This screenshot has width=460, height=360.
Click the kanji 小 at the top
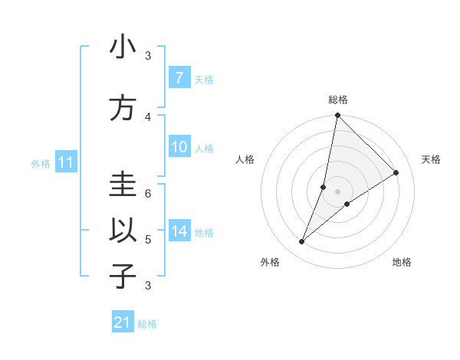(x=123, y=47)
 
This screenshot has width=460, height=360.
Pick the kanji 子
(x=123, y=276)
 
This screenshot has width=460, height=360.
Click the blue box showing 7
(x=179, y=78)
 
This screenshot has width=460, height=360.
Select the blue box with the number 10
(x=179, y=148)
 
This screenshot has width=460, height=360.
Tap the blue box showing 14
(x=179, y=231)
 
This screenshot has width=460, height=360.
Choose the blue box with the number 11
(x=65, y=162)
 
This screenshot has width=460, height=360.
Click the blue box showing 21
(x=123, y=322)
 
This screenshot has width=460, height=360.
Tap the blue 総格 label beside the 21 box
(x=147, y=324)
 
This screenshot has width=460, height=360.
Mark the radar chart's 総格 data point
(x=337, y=116)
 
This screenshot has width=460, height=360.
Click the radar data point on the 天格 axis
(x=396, y=173)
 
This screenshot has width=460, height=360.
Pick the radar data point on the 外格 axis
(x=301, y=242)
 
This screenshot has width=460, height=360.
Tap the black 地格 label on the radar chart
(x=402, y=263)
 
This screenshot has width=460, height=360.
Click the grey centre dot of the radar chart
(x=337, y=191)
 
